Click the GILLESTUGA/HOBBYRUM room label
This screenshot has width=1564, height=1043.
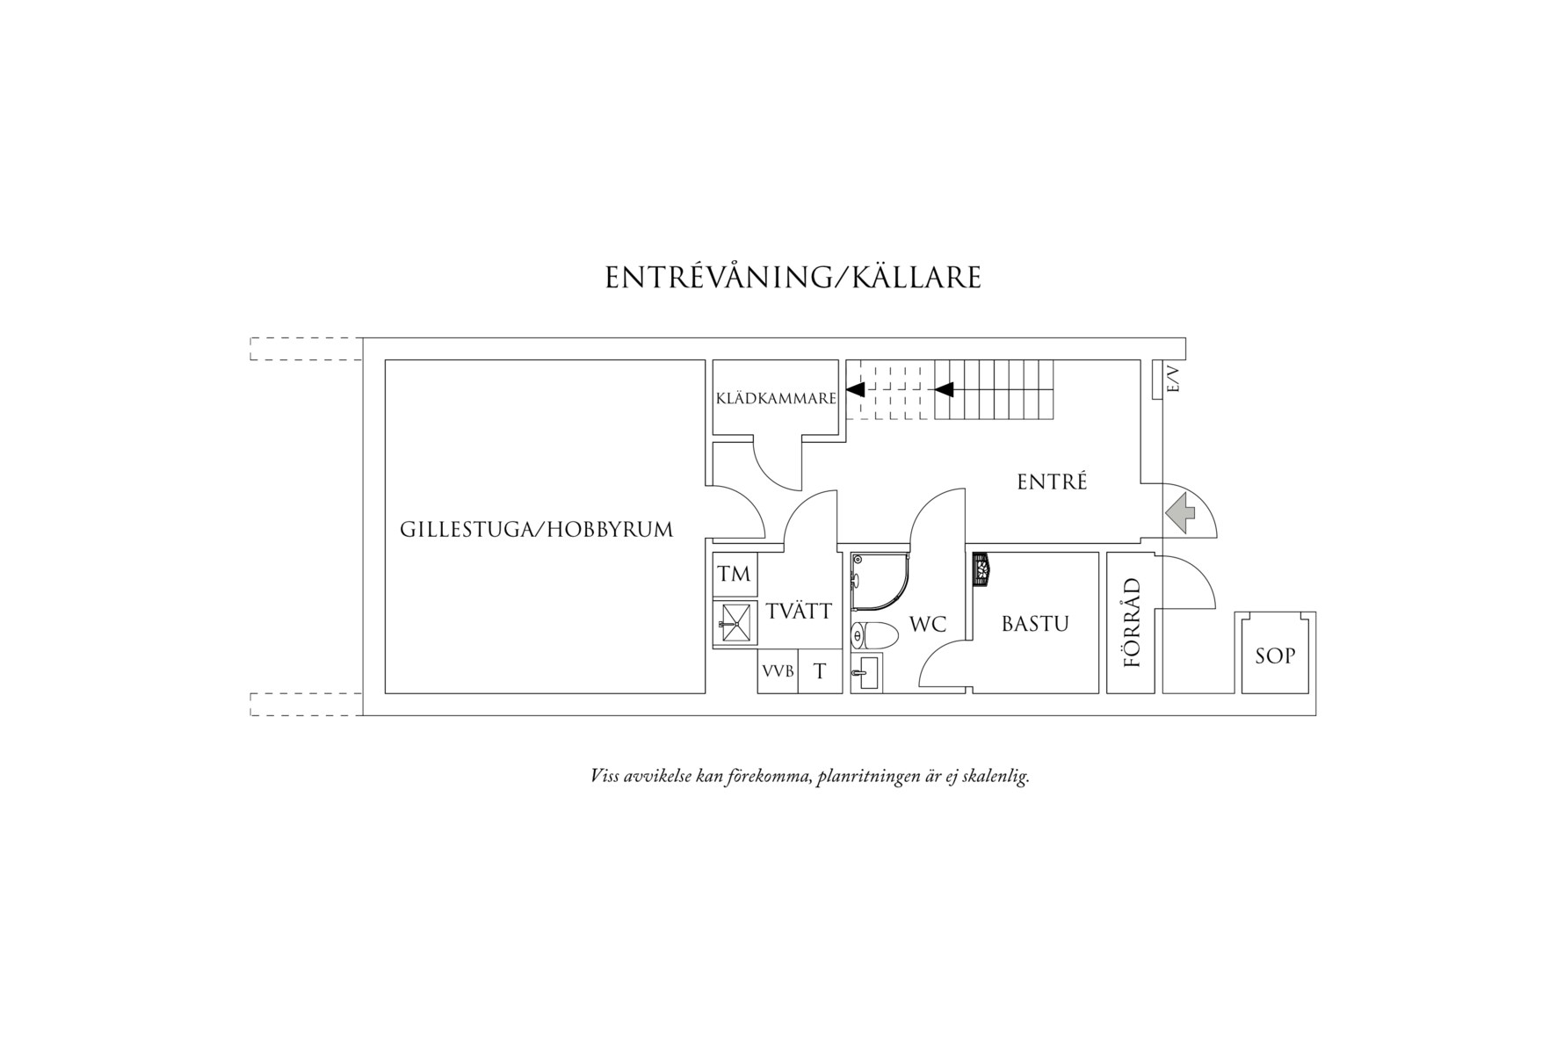point(536,530)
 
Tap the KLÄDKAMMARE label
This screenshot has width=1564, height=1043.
point(776,399)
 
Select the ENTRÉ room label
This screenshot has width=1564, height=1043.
point(1052,482)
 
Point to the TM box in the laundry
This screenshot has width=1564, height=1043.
point(735,575)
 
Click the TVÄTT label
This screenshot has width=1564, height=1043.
point(798,611)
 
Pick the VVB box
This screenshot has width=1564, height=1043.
point(778,671)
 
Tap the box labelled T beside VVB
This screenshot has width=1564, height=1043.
point(820,671)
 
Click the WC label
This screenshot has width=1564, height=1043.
point(928,625)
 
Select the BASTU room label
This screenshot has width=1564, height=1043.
point(1035,624)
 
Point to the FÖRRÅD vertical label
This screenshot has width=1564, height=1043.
point(1133,622)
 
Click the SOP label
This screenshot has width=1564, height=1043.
point(1275,655)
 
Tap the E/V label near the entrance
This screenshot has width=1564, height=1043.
point(1173,380)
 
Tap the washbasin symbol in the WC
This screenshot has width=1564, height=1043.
point(866,673)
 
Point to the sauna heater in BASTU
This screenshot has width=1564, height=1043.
point(981,568)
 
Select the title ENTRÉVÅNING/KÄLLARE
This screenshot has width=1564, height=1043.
point(793,277)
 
